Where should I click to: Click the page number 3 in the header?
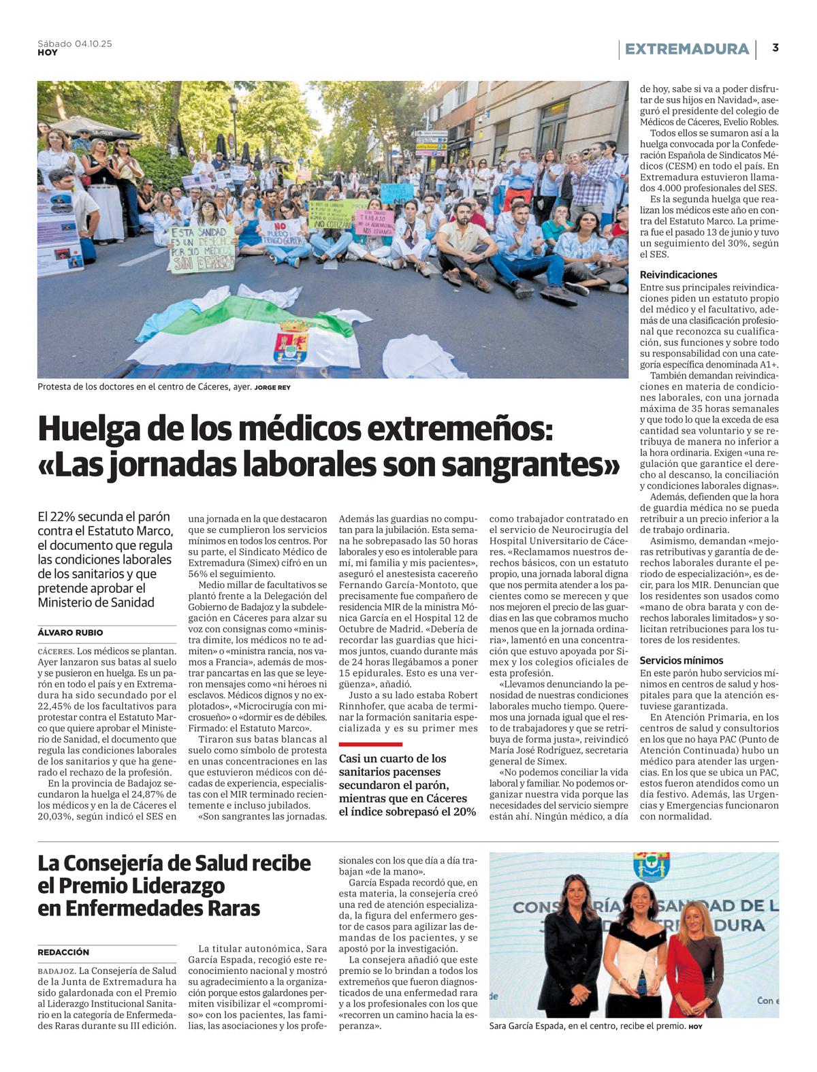point(775,48)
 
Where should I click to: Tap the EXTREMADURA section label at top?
point(686,49)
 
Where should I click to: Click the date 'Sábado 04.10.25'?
point(75,44)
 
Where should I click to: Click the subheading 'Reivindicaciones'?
point(678,275)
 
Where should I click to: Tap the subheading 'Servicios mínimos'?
point(682,660)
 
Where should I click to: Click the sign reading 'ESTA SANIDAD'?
point(202,249)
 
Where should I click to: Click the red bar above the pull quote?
point(370,744)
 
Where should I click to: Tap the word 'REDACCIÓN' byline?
point(63,952)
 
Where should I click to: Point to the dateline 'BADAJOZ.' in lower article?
point(57,971)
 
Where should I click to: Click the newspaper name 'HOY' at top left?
point(47,52)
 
